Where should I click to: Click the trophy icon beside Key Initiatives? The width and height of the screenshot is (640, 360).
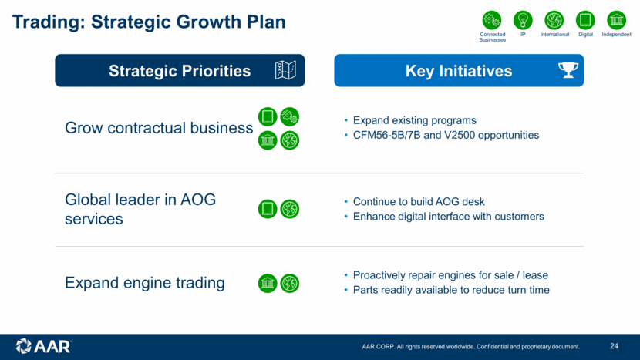coord(568,70)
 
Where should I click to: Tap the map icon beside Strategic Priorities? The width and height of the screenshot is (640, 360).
coord(285,70)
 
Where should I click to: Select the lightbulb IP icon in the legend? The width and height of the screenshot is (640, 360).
coord(523,20)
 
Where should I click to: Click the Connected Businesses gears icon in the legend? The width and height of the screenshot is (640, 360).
coord(492,20)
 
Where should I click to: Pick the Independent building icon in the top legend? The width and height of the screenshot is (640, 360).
coord(616,20)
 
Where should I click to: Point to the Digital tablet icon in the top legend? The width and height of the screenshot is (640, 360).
coord(585,20)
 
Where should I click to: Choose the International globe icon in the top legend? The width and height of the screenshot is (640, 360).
coord(554,20)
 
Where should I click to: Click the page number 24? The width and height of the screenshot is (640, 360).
coord(614,346)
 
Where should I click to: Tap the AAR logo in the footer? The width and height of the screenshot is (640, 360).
coord(43,347)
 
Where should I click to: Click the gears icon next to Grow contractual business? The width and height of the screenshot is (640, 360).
coord(289,116)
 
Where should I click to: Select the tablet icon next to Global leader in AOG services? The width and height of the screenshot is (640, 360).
coord(268,209)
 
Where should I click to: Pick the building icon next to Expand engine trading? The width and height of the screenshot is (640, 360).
coord(268,283)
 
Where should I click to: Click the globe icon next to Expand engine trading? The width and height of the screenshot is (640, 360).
coord(289,283)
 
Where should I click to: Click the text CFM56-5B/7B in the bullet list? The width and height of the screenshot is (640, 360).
coord(386,135)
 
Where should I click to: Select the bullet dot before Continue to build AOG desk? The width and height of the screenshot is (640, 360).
coord(346,202)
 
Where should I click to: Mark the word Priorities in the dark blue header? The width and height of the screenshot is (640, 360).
coord(217,71)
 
